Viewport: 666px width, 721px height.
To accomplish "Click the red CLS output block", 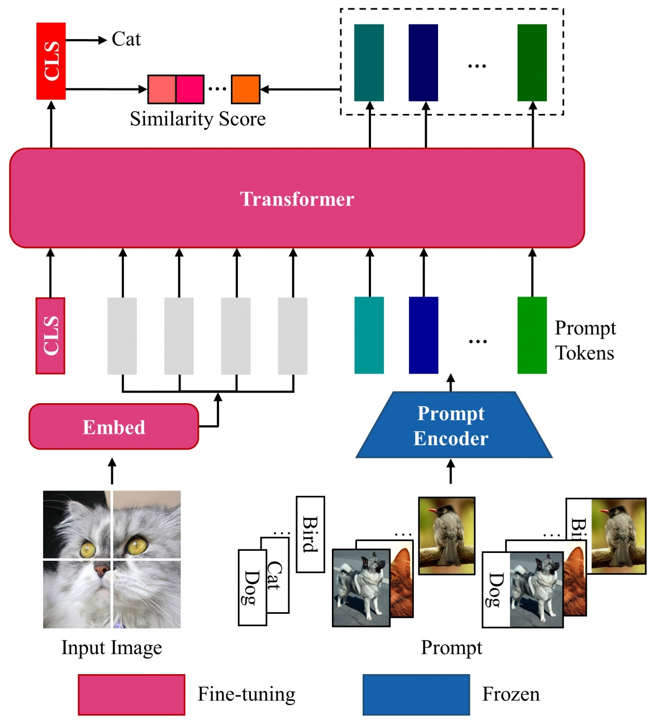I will pos(51,61).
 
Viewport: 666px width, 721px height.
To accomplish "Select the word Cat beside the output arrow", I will pos(126,40).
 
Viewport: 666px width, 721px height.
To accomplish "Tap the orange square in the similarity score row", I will pos(245,89).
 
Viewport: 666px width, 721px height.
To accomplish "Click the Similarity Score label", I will pos(198,119).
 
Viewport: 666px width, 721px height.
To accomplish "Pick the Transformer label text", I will pos(297,199).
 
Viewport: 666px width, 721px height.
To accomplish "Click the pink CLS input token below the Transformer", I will pos(50,336).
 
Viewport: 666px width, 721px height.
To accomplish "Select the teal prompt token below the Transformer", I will pos(369,335).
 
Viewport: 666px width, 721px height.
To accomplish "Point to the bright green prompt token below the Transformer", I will pos(532,335).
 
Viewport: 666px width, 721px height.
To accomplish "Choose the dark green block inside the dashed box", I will pos(532,62).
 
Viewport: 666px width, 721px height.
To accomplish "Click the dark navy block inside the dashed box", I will pos(423,62).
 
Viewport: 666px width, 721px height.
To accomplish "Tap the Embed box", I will pos(114,427).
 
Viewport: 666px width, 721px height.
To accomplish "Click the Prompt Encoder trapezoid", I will pos(451,426).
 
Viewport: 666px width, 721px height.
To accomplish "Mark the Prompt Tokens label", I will pos(585,340).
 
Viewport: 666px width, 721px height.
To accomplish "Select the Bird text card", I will pos(310,534).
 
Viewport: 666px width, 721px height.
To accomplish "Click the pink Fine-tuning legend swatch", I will pos(132,694).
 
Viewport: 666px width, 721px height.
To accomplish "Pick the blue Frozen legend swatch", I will pos(416,694).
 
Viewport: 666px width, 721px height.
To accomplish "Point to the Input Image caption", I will pos(112,648).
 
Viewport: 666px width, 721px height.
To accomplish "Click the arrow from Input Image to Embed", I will pos(112,471).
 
